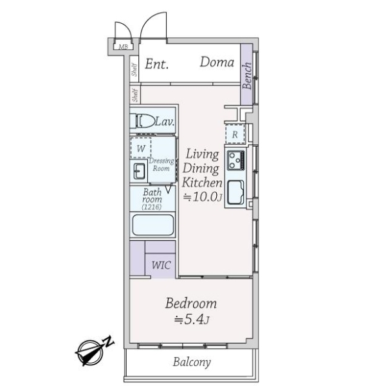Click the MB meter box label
[x=124, y=46]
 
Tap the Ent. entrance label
[x=157, y=64]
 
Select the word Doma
[x=217, y=62]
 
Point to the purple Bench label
[x=247, y=75]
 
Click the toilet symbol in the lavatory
[x=143, y=121]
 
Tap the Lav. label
[x=165, y=122]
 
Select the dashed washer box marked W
[x=141, y=148]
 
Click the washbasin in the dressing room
[x=140, y=171]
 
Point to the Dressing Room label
[x=161, y=165]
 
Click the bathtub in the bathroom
[x=153, y=225]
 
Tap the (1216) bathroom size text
[x=152, y=207]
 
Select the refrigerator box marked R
[x=235, y=134]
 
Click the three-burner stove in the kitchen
[x=236, y=160]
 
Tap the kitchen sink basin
[x=235, y=193]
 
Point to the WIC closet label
[x=161, y=265]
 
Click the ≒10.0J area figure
[x=203, y=197]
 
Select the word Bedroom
[x=191, y=303]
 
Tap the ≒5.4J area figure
[x=192, y=320]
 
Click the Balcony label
[x=192, y=362]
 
